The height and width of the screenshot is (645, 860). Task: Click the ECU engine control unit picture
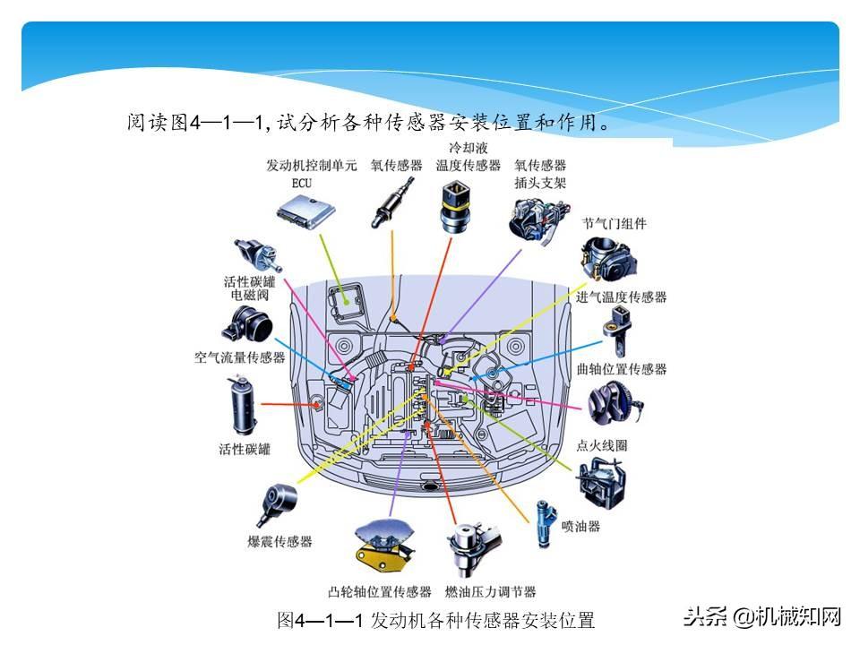coord(305,211)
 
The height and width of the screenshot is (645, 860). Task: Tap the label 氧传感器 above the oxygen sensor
coord(396,166)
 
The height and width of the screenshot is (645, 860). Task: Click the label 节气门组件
coord(614,223)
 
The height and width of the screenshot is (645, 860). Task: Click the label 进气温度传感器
coord(622,297)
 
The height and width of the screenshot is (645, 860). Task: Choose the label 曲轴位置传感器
coord(622,369)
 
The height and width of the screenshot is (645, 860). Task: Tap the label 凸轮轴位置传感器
coord(380,592)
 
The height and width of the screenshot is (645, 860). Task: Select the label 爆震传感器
coord(280,542)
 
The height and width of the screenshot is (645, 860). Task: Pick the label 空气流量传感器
coord(239,357)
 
